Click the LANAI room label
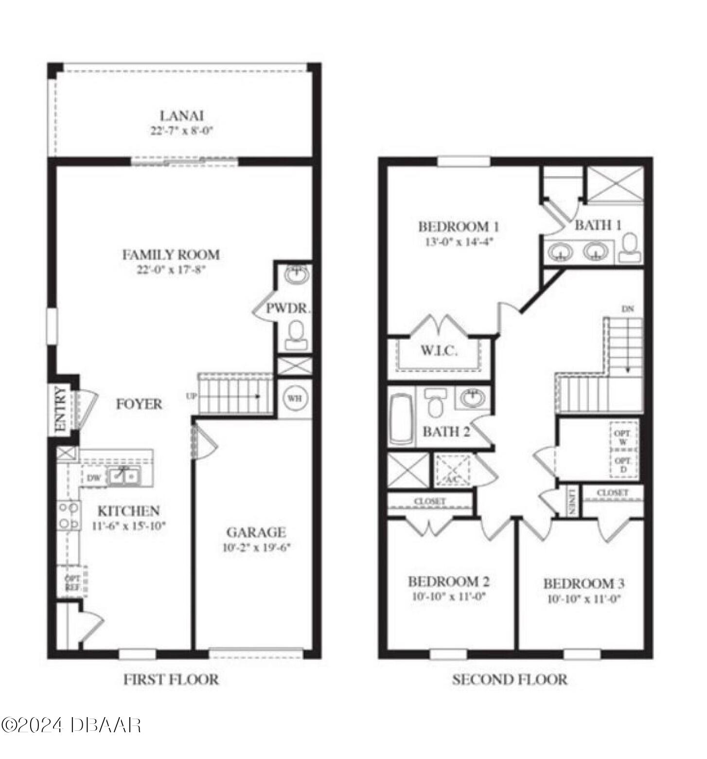pos(181,116)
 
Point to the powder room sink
pos(296,275)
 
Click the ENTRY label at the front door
pos(61,409)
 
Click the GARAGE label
pos(256,532)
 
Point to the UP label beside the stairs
pos(191,397)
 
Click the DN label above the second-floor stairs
pos(628,309)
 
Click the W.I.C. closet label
pos(439,350)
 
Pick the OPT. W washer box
pos(623,437)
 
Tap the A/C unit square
pos(453,470)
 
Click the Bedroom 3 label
pos(584,583)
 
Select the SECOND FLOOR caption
pos(510,679)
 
